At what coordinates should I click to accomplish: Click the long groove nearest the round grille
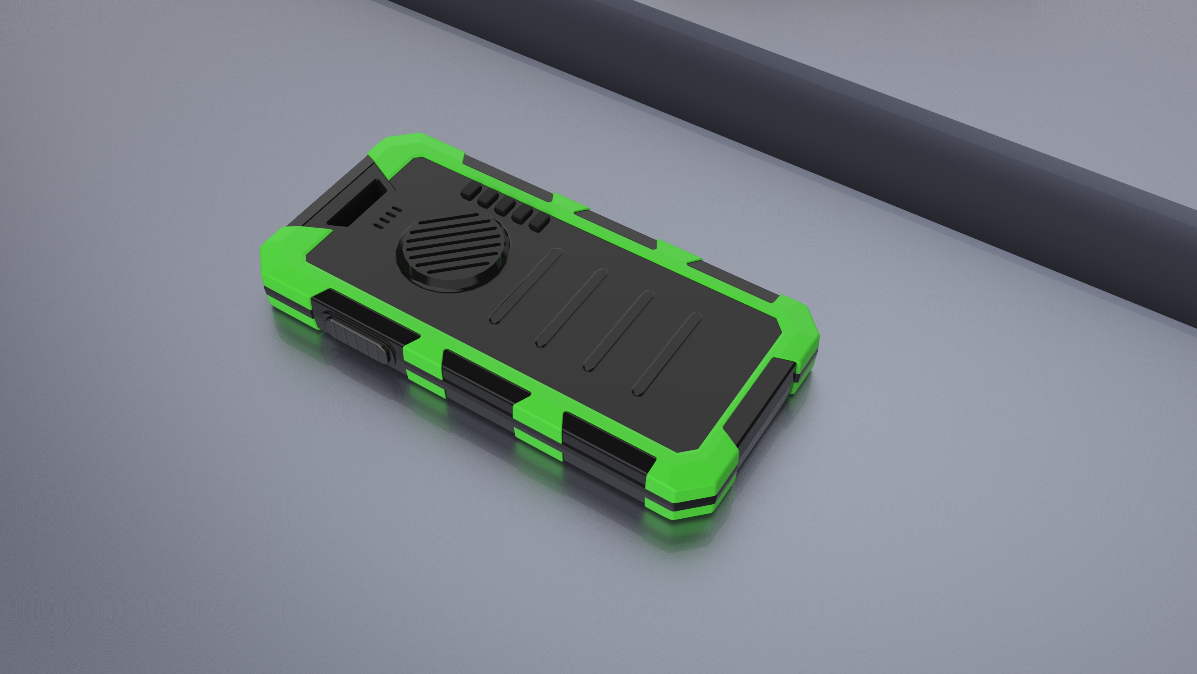tap(526, 286)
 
